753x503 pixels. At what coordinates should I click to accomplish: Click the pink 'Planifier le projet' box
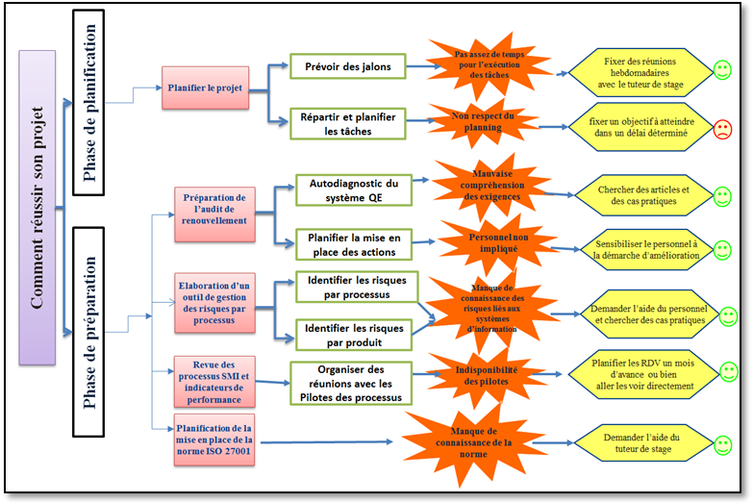coord(205,88)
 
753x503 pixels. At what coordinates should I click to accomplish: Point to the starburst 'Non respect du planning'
coord(483,121)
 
